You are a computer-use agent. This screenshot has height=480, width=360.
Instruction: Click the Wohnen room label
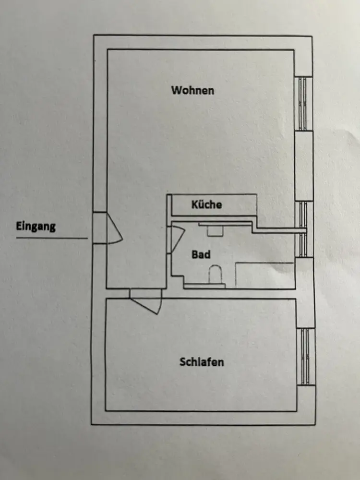click(192, 90)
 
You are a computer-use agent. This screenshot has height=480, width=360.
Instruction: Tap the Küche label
click(206, 204)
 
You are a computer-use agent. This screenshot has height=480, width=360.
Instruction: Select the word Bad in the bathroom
click(201, 254)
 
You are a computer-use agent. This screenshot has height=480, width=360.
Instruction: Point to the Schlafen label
click(202, 362)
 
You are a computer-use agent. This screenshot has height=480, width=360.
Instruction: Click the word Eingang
click(36, 227)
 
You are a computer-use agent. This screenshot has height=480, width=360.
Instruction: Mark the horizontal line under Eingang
click(52, 238)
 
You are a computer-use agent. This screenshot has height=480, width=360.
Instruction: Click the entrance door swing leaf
click(115, 228)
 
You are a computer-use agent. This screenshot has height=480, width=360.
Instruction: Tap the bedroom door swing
click(146, 305)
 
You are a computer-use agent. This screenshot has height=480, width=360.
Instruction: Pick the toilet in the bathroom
click(215, 275)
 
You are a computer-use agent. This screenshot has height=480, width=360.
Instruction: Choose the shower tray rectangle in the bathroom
click(265, 275)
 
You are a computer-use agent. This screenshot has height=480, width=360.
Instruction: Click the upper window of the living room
click(303, 104)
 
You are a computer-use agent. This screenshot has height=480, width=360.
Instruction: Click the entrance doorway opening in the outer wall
click(99, 228)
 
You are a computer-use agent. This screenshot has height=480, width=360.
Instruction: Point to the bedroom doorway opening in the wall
click(145, 293)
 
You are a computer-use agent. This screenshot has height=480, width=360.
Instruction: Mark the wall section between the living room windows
click(304, 166)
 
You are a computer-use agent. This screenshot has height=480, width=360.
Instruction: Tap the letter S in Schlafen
click(182, 362)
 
